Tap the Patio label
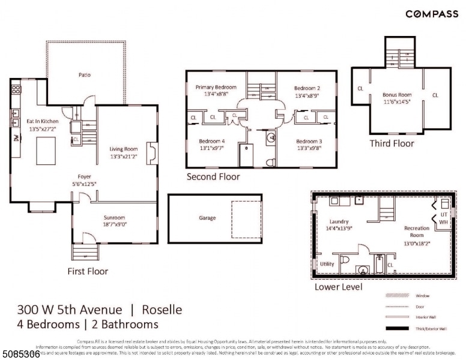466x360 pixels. [85, 75]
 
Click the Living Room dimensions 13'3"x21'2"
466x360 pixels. [124, 157]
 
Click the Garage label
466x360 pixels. [207, 218]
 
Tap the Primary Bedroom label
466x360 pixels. [216, 87]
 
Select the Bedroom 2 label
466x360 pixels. [307, 88]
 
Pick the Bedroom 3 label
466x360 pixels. [309, 142]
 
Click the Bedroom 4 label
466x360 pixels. [212, 142]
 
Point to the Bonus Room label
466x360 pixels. [397, 95]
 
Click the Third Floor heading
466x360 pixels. [392, 143]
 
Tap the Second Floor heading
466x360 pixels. [213, 176]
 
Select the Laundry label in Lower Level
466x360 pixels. [339, 221]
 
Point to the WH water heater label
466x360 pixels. [444, 222]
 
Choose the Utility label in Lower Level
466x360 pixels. [327, 263]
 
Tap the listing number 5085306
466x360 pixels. [20, 355]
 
